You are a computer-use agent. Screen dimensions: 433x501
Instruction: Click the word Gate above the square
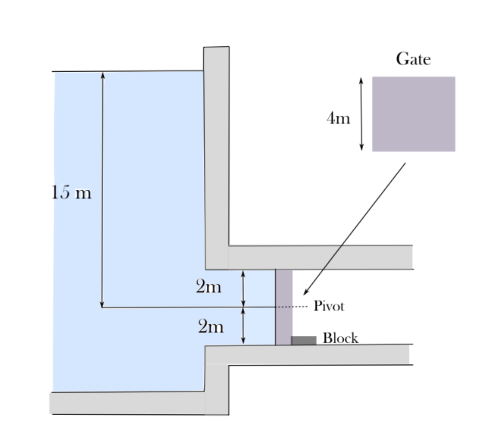(x=413, y=59)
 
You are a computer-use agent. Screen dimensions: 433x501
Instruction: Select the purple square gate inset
(x=413, y=114)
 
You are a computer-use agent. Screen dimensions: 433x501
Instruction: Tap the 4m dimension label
(x=339, y=119)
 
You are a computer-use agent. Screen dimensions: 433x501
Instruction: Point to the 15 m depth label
(x=70, y=192)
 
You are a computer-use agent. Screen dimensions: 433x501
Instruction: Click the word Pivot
(x=328, y=307)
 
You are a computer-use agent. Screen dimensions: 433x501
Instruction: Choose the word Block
(x=340, y=338)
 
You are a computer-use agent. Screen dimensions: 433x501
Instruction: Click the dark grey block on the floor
(x=303, y=341)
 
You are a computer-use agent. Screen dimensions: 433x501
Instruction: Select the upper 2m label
(x=208, y=287)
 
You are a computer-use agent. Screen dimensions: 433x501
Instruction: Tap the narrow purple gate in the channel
(x=283, y=307)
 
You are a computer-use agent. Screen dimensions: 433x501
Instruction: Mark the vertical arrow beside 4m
(x=362, y=113)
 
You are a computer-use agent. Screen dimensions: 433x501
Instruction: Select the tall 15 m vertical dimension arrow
(x=102, y=189)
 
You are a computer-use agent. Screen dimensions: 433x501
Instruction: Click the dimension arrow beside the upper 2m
(x=243, y=288)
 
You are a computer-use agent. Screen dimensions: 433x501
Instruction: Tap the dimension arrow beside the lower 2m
(x=243, y=326)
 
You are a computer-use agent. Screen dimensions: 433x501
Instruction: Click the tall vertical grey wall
(x=216, y=151)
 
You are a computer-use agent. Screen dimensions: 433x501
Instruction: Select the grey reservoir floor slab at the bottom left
(x=125, y=403)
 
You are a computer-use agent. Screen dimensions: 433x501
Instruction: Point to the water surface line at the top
(x=129, y=72)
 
